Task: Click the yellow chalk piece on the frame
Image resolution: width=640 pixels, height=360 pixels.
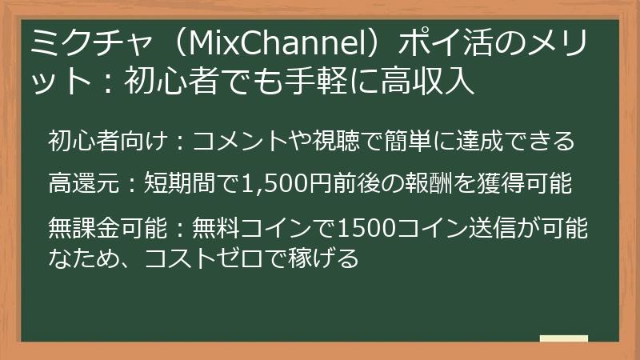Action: click(563, 338)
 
